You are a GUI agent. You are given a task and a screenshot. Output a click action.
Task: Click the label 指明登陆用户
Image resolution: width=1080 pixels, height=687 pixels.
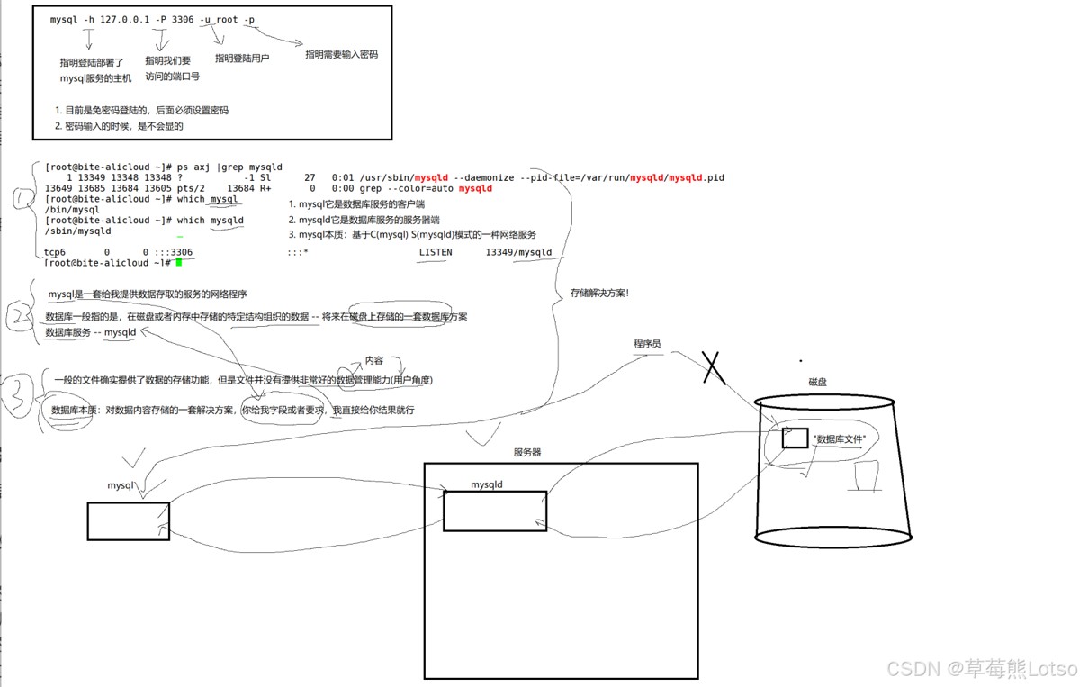tap(242, 58)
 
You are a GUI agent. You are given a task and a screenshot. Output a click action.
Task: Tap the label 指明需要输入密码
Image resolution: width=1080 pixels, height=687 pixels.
tap(341, 54)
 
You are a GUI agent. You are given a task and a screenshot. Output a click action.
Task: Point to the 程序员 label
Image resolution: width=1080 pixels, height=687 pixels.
tap(647, 344)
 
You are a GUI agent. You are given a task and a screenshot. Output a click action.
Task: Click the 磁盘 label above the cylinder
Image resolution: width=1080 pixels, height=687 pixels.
tap(817, 382)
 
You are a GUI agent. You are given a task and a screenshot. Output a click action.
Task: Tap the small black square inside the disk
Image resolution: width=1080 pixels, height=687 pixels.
tap(795, 438)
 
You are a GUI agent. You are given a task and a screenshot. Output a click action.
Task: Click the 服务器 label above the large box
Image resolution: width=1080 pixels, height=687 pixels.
tap(527, 452)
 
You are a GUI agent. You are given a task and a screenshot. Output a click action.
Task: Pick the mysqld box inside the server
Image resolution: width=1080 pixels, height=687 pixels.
tap(494, 511)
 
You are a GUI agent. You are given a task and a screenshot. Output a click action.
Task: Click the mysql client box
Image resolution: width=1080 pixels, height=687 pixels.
tap(128, 520)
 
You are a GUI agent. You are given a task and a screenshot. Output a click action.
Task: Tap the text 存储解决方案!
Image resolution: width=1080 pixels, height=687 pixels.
tap(599, 293)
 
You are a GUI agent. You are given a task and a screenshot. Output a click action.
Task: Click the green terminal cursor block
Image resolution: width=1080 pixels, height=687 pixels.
tap(179, 262)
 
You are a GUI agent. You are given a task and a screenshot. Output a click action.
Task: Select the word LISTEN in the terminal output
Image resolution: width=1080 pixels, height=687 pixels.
tap(436, 253)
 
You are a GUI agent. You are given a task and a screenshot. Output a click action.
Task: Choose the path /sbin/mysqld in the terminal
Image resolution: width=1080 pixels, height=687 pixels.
tap(77, 231)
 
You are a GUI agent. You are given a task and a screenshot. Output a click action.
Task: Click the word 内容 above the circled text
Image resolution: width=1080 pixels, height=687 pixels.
tap(374, 360)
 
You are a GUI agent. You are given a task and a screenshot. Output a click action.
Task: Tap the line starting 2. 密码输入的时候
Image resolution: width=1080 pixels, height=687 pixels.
tap(119, 126)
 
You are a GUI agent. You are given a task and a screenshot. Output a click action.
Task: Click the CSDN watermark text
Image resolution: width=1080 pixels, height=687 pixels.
tap(981, 668)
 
